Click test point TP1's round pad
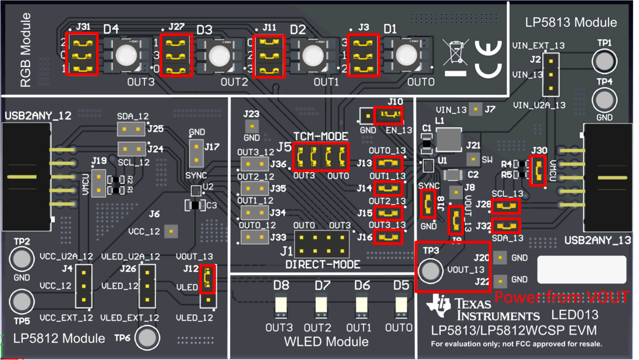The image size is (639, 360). tap(604, 61)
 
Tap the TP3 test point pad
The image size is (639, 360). tap(430, 271)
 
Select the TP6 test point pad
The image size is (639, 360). tap(147, 338)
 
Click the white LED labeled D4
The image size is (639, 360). tap(126, 55)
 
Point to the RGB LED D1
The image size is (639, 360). tap(406, 55)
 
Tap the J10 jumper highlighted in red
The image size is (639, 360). tap(388, 115)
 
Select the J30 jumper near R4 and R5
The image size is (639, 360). tap(538, 170)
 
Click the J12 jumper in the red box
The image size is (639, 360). tap(207, 279)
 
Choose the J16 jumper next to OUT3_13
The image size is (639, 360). tap(388, 237)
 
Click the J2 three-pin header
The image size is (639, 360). tap(550, 75)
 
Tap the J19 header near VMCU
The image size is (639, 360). tap(98, 183)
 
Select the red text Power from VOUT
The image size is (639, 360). tap(562, 297)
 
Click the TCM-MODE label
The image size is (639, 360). tap(321, 137)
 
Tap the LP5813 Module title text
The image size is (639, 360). tap(571, 22)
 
